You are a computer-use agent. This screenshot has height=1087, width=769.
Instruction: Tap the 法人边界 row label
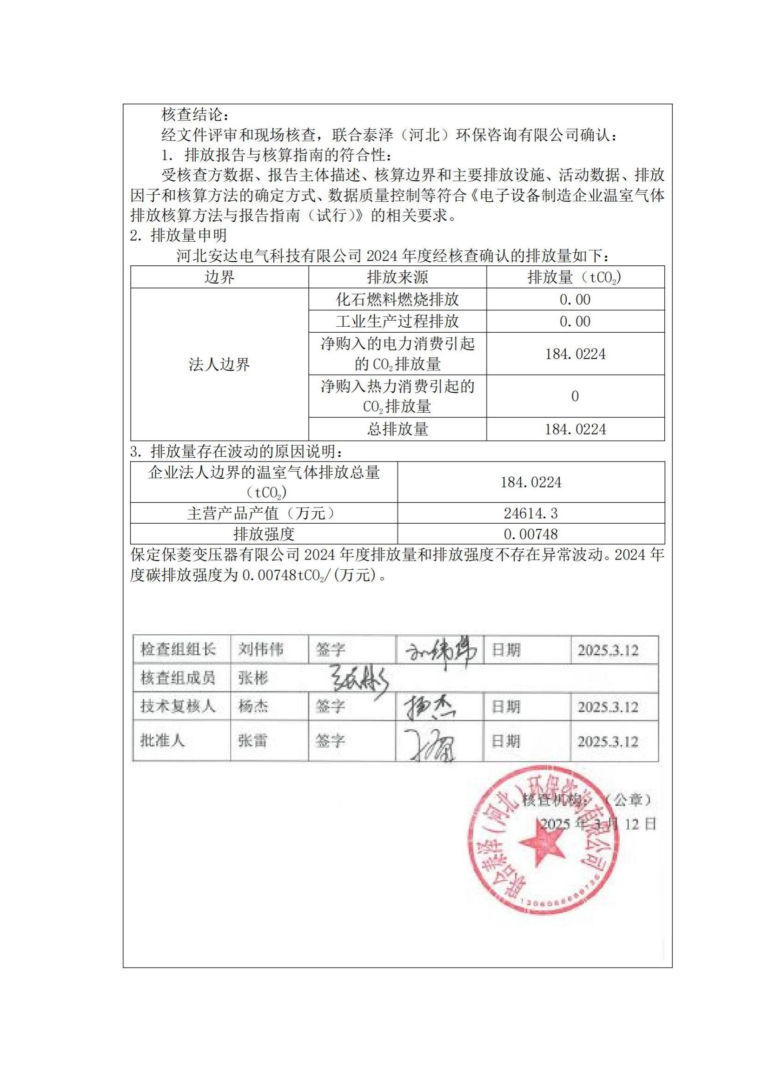click(219, 364)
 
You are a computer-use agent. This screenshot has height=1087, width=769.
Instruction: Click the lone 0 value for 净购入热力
click(575, 396)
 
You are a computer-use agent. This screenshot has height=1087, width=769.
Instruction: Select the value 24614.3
click(531, 513)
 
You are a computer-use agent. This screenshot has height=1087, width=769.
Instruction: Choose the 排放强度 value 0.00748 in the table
click(531, 534)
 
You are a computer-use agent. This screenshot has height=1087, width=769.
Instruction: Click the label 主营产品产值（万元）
click(263, 513)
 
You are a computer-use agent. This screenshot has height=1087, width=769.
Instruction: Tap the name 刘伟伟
click(261, 650)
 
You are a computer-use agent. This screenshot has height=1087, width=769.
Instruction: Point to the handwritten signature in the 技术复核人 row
click(429, 708)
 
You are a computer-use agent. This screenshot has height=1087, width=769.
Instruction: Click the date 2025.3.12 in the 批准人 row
click(608, 741)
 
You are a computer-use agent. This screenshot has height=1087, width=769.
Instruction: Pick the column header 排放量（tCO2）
click(575, 277)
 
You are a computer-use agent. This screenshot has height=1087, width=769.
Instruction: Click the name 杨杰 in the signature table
click(253, 707)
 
